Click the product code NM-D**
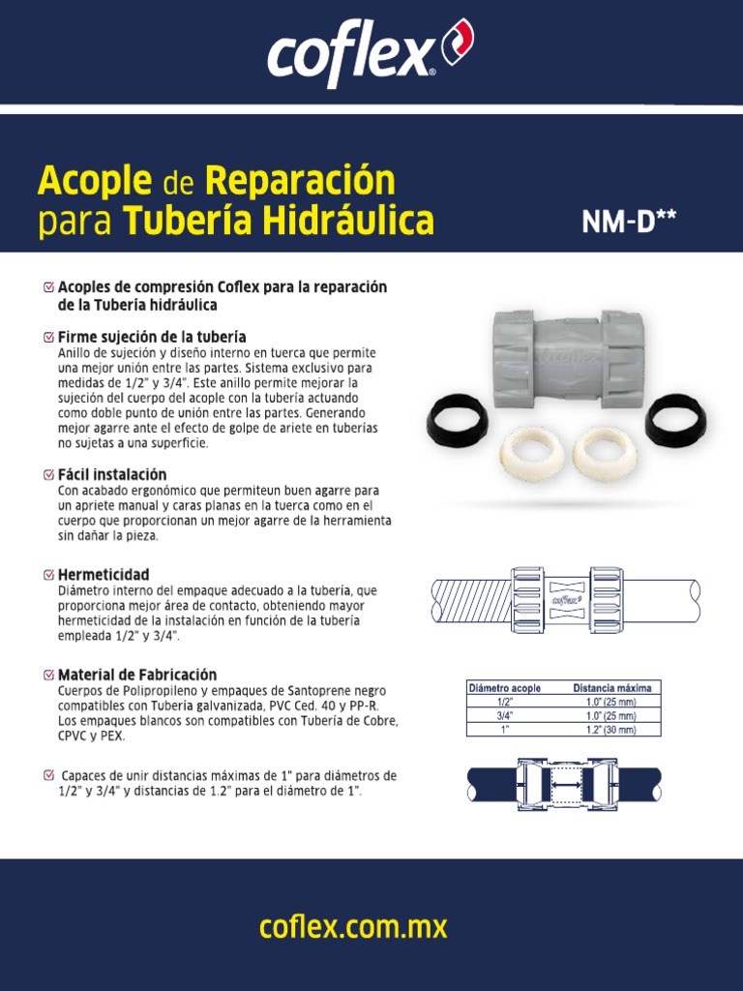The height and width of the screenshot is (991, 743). tap(628, 223)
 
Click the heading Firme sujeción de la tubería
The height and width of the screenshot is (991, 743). tap(152, 337)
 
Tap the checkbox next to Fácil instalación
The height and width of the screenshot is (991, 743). tap(49, 475)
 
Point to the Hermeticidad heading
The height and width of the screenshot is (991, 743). tap(104, 575)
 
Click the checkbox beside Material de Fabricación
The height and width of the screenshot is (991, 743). tap(49, 675)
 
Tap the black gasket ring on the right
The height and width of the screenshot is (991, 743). tap(675, 418)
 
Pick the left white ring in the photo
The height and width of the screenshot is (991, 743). tap(530, 451)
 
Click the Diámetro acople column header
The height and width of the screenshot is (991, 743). tap(505, 688)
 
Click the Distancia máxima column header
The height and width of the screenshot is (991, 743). tap(611, 688)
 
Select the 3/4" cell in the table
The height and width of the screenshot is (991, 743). tap(505, 716)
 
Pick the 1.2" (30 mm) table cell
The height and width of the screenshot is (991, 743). tap(611, 730)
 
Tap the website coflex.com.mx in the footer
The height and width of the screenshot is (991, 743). tap(353, 927)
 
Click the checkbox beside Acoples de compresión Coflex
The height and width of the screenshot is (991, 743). tap(49, 287)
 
